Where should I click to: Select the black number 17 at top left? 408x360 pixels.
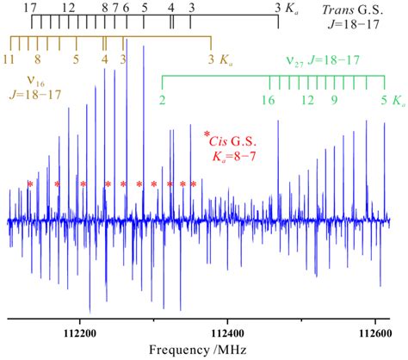pos(31,7)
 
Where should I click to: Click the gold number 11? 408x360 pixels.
pos(9,59)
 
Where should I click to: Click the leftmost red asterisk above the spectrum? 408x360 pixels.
pos(30,184)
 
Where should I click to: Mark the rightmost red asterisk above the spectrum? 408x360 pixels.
pos(194,184)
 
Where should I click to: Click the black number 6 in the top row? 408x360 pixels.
pos(127,7)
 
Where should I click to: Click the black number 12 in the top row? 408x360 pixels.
pos(68,7)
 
